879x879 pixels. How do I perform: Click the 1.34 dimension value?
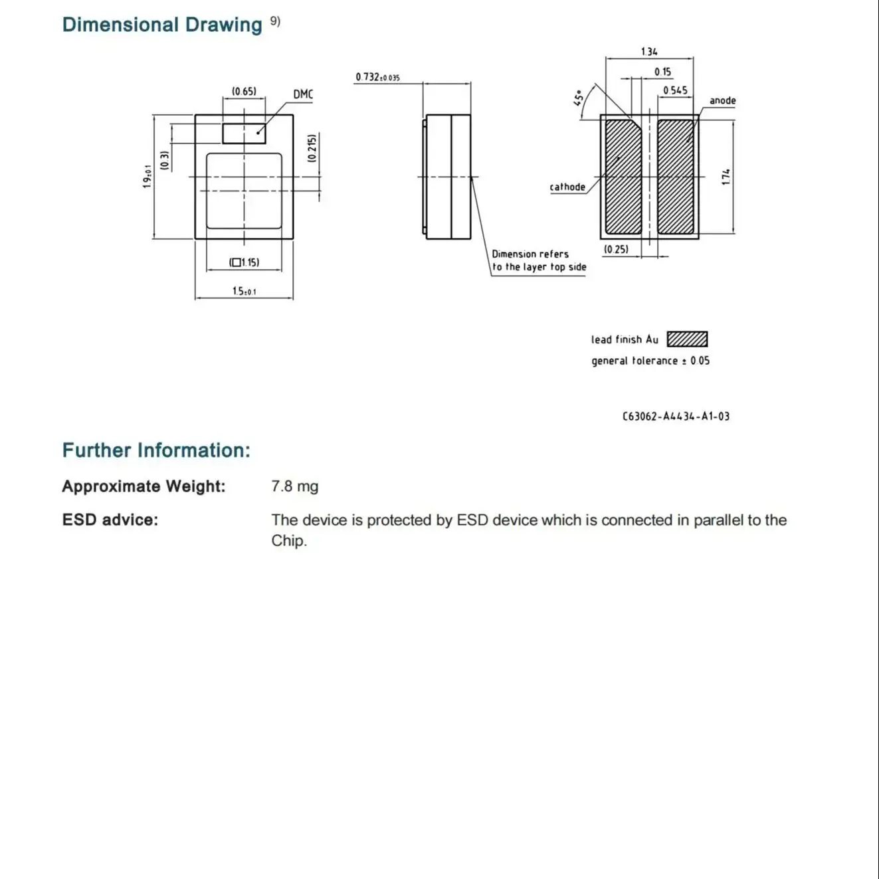[x=649, y=52]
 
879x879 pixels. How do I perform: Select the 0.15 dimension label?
[x=662, y=72]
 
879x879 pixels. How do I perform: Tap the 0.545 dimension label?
[x=675, y=90]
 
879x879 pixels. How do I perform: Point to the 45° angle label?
[x=579, y=98]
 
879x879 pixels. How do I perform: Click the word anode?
[x=722, y=101]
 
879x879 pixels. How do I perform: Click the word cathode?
[x=567, y=187]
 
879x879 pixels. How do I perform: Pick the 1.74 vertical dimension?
[x=726, y=177]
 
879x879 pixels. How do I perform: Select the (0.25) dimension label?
[x=616, y=250]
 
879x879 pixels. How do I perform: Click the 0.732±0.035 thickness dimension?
[x=377, y=77]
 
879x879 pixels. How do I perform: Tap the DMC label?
[x=303, y=94]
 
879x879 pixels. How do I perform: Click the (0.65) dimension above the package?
[x=244, y=92]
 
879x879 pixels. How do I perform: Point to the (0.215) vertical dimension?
[x=312, y=148]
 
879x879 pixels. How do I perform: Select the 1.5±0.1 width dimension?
[x=244, y=291]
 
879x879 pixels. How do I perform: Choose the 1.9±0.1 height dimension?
[x=147, y=177]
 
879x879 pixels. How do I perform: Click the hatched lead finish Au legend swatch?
[x=687, y=340]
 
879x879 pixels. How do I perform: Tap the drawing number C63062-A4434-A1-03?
[x=676, y=417]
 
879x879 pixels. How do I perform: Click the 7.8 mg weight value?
[x=294, y=486]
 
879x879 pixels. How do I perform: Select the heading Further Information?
[x=156, y=450]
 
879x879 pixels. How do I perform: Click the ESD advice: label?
[x=110, y=520]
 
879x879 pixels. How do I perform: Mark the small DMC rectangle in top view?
[x=244, y=133]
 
